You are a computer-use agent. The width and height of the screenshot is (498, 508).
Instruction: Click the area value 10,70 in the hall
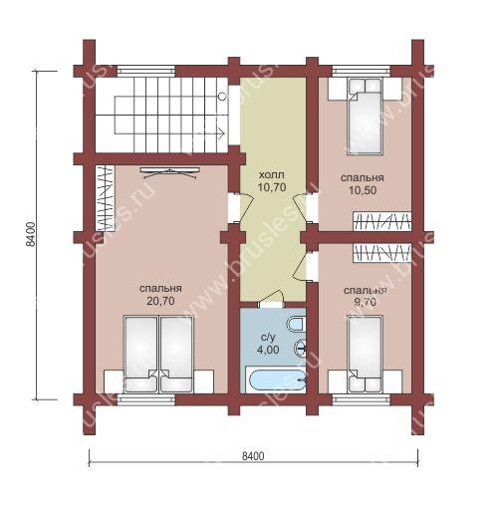[272, 187]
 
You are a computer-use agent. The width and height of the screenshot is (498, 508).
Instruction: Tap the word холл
[272, 174]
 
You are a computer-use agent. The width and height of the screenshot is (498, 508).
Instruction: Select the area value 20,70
[160, 301]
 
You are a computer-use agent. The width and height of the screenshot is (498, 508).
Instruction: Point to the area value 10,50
[363, 190]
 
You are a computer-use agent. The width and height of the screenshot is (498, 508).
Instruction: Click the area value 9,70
[365, 302]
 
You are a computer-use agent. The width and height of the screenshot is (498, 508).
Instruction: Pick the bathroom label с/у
[268, 338]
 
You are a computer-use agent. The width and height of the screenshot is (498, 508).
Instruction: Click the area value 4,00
[268, 350]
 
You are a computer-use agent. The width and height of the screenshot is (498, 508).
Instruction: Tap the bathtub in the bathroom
[276, 381]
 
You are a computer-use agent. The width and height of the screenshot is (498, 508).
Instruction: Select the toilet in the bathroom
[296, 324]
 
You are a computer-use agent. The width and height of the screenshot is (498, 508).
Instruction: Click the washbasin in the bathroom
[300, 349]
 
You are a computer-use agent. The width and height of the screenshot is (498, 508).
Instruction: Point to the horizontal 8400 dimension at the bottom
[253, 456]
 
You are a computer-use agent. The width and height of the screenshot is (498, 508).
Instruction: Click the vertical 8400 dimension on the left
[30, 235]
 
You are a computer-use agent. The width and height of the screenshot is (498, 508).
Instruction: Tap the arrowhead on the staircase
[222, 133]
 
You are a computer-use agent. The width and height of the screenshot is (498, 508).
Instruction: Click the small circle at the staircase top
[222, 97]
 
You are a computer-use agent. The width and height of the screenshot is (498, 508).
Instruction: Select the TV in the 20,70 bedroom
[170, 172]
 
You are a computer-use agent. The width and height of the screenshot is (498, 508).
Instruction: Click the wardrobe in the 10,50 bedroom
[382, 221]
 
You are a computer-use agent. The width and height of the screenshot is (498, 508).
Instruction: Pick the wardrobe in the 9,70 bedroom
[382, 252]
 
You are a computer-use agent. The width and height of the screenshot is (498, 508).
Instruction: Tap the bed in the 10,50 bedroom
[365, 117]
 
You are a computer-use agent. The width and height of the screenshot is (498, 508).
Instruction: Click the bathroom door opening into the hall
[271, 299]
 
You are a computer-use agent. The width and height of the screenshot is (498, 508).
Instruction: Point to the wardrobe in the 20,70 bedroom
[106, 198]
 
